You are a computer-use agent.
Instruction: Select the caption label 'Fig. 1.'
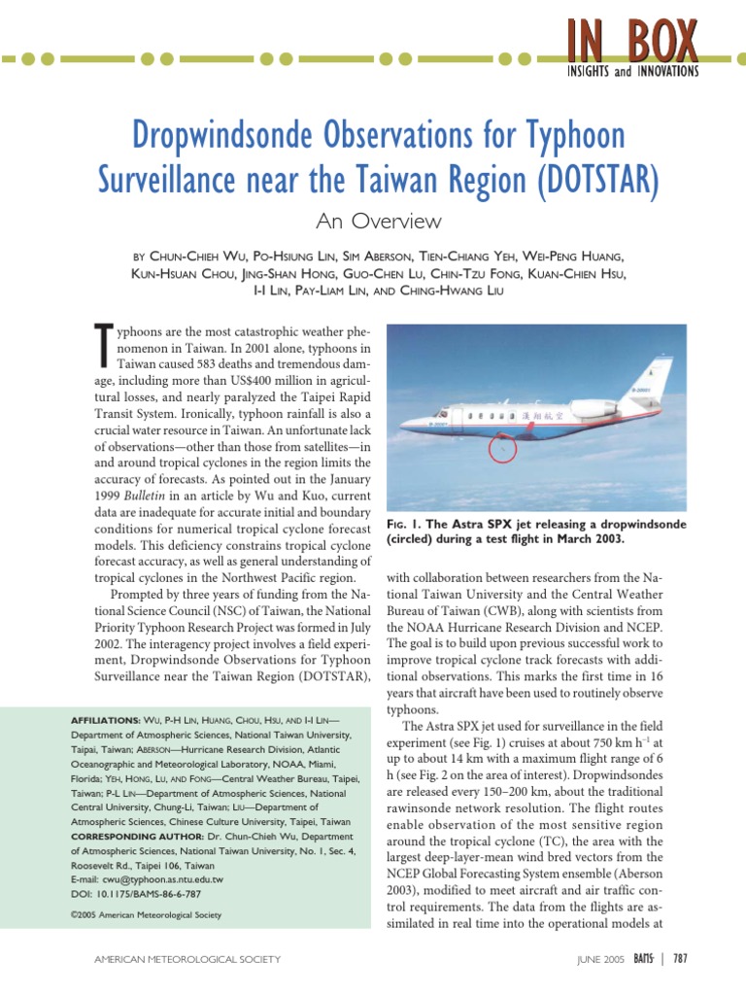pyautogui.click(x=408, y=525)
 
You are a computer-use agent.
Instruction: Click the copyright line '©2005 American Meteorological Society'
pyautogui.click(x=146, y=914)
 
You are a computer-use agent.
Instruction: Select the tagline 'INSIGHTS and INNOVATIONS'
pyautogui.click(x=632, y=71)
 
